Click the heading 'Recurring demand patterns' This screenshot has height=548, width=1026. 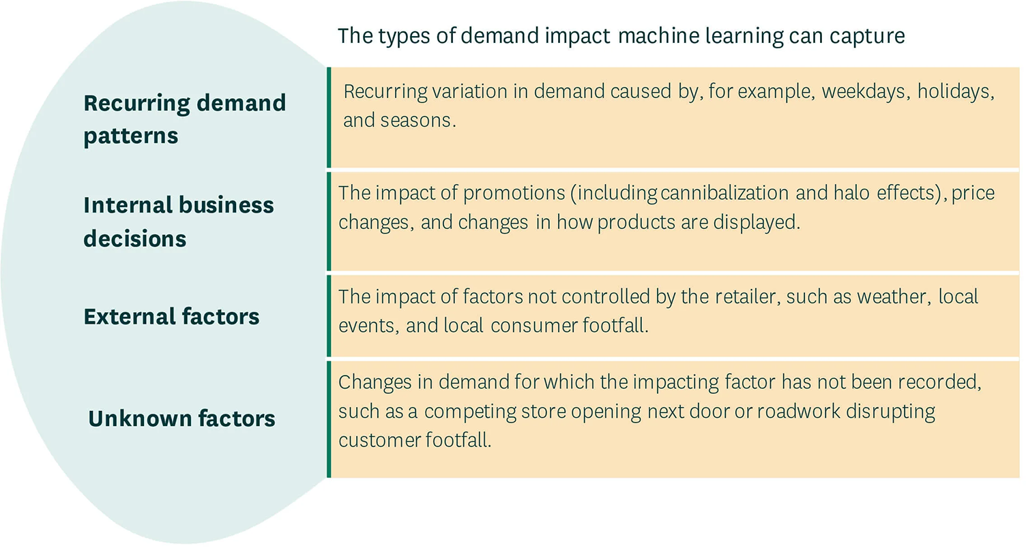pos(184,119)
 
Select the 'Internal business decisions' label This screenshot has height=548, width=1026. pos(178,222)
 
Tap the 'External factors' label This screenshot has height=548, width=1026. pos(171,317)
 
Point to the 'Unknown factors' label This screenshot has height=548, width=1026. pos(181,418)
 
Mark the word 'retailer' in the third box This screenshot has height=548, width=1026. pos(735,297)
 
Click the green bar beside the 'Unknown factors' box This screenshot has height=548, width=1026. pos(329,419)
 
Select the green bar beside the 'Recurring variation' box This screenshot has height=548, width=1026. pos(329,117)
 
